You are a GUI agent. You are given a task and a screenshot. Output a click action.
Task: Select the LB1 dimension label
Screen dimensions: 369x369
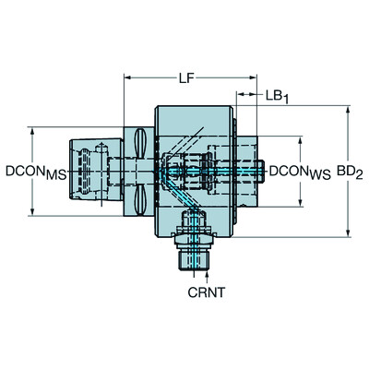(x=277, y=96)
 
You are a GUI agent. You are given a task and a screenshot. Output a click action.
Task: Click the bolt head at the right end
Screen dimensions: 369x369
(x=265, y=171)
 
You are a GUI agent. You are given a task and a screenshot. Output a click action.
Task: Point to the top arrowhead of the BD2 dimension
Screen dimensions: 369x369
(x=348, y=110)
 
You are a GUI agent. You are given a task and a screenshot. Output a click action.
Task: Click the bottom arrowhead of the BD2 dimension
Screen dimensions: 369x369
(x=348, y=232)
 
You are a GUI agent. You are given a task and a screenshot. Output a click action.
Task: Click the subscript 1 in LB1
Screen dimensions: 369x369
(x=287, y=100)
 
